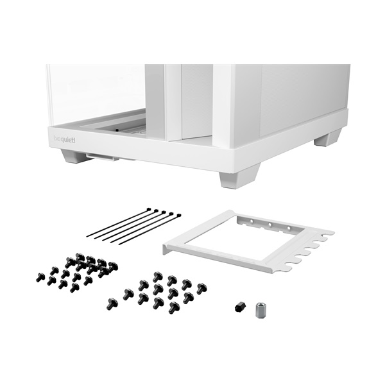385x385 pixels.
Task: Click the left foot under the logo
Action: point(74,156)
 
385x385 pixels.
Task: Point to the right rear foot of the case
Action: point(328,137)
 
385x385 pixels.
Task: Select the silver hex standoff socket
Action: point(261,310)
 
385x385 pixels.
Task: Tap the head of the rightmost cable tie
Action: point(177,216)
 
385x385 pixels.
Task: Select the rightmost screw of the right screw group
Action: point(201,288)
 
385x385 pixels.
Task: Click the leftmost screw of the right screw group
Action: point(112,303)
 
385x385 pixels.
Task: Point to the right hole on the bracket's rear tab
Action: point(289,228)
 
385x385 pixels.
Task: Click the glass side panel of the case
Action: point(96,90)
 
